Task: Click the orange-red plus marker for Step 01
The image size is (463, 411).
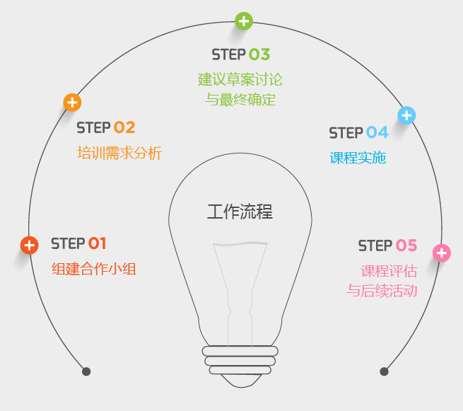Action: point(29,245)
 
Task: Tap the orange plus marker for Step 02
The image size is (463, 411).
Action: point(72,103)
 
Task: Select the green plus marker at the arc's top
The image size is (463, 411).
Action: point(244,21)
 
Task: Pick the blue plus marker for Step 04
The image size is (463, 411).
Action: point(406,115)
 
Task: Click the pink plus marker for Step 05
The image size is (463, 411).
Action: point(442,253)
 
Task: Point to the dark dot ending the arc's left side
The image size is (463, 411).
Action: point(86,371)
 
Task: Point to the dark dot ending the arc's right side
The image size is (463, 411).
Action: point(385,371)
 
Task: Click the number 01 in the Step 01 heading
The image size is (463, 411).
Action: point(98,243)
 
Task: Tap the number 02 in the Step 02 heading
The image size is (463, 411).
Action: point(124,127)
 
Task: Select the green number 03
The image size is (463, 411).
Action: point(259,54)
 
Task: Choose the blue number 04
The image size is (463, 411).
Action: point(377,132)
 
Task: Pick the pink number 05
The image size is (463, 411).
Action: point(406,245)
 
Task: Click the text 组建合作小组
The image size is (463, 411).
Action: point(94,269)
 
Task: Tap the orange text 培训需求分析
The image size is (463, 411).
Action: point(119,153)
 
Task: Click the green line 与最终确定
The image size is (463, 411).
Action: point(240,99)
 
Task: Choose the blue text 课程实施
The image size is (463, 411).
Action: point(358,158)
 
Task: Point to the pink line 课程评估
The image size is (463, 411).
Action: point(389,271)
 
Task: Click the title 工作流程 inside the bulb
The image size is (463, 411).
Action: point(240,212)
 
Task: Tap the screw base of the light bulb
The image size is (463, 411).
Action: point(240,360)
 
